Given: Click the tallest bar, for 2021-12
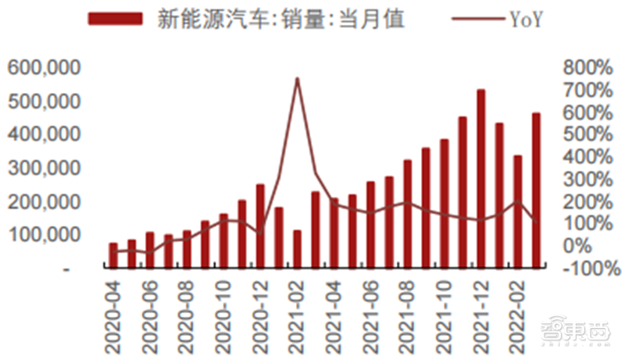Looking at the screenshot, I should (480, 180).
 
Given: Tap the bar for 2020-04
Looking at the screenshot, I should (113, 256).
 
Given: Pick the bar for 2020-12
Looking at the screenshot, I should (260, 226).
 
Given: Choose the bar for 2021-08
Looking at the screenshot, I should (407, 215).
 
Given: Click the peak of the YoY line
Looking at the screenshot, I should (297, 79).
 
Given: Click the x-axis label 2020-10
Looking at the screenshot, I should (223, 312).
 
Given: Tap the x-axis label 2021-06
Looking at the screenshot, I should (370, 312).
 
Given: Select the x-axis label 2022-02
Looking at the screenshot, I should (517, 312).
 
